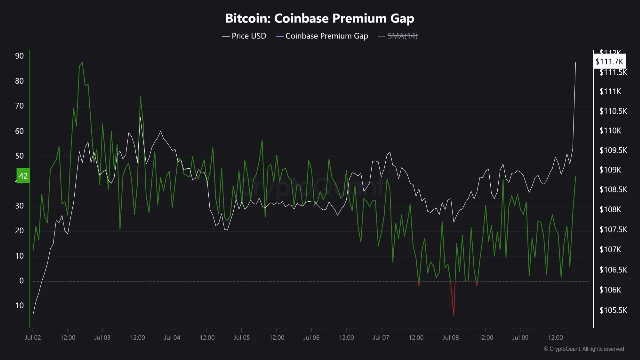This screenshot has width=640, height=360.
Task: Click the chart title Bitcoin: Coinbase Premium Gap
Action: click(320, 19)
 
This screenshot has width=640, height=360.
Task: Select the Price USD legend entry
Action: click(244, 36)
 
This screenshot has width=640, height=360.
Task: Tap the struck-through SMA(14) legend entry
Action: click(398, 36)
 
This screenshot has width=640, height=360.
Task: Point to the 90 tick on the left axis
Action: click(19, 56)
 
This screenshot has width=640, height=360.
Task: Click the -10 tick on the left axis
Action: click(18, 306)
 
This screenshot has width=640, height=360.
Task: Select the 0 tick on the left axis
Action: click(21, 281)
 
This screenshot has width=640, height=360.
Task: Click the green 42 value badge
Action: click(23, 176)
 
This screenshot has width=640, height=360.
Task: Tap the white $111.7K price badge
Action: click(609, 61)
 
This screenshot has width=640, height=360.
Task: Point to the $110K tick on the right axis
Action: click(610, 131)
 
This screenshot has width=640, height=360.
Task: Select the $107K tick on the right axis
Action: click(610, 249)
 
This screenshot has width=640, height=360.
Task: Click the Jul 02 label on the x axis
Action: click(33, 338)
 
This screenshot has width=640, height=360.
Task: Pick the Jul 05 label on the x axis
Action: click(241, 338)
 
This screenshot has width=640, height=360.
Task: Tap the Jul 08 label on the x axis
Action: click(451, 338)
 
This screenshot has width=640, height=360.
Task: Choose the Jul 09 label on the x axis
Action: click(520, 338)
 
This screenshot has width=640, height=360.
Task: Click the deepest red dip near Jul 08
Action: click(454, 315)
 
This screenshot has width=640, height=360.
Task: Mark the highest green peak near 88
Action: click(82, 63)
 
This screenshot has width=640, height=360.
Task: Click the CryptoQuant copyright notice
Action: click(584, 349)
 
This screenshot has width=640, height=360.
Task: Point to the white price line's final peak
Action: click(575, 63)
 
